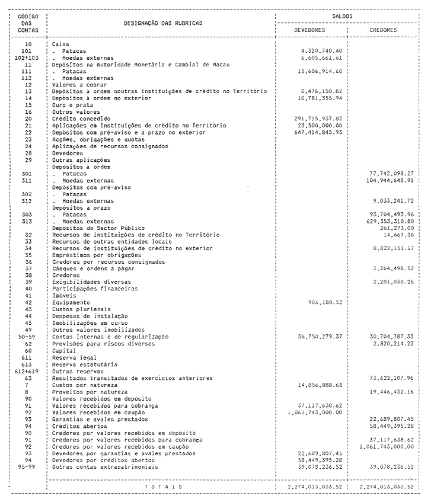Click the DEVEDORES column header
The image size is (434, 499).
[x=309, y=30]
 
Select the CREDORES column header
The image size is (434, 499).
[x=383, y=30]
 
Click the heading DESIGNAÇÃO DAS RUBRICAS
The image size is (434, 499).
[x=162, y=23]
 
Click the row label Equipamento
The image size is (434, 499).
[x=71, y=302]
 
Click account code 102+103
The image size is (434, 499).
[x=27, y=58]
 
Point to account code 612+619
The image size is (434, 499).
[x=27, y=371]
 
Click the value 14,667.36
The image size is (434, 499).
[x=397, y=235]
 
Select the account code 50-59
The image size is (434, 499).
[x=27, y=337]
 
